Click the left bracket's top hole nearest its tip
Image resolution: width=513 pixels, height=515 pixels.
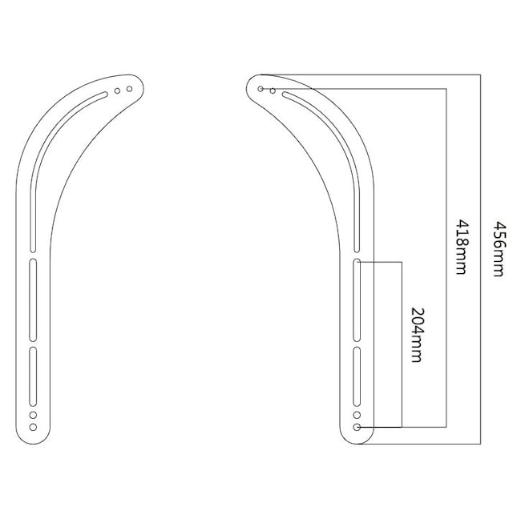[x=128, y=89]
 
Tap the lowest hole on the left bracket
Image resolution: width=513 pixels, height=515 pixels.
[x=33, y=427]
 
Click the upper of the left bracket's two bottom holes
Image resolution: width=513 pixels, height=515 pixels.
[x=33, y=416]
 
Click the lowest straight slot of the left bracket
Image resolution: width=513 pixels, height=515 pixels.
[x=33, y=376]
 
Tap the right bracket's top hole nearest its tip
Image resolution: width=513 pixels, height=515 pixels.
[x=261, y=89]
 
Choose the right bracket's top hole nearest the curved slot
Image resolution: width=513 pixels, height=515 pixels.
[x=273, y=91]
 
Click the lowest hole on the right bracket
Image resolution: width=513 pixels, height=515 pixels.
[x=357, y=427]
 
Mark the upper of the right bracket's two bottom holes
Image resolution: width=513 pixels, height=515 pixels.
[x=357, y=416]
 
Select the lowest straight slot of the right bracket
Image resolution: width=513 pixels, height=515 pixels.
[x=357, y=376]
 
